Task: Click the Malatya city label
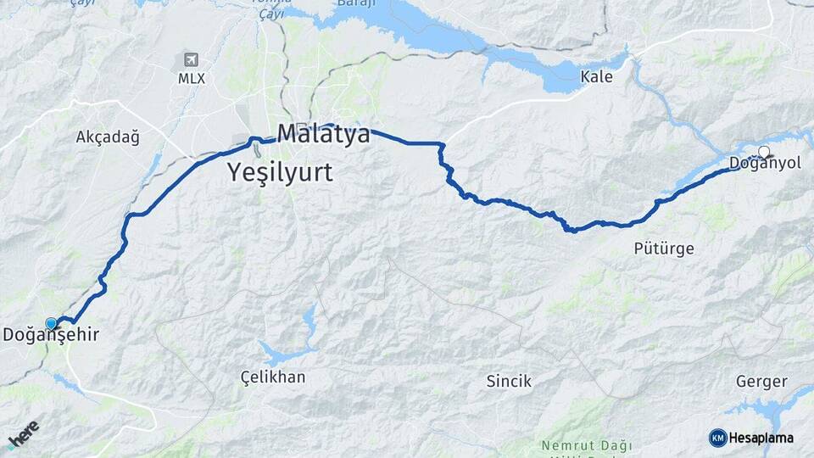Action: (x=323, y=135)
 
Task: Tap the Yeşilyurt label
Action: (x=280, y=173)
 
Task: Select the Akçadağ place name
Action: (x=107, y=137)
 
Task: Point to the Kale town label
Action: (x=596, y=77)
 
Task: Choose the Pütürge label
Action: (x=664, y=249)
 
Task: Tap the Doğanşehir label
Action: (x=51, y=335)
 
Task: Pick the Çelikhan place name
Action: (x=272, y=377)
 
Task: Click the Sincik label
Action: (x=509, y=381)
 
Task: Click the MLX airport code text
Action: (x=191, y=79)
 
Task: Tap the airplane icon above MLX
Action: (x=190, y=60)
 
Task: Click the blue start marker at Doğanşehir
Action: (x=51, y=323)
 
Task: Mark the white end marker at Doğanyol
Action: (x=764, y=152)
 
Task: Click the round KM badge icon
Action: (x=717, y=438)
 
